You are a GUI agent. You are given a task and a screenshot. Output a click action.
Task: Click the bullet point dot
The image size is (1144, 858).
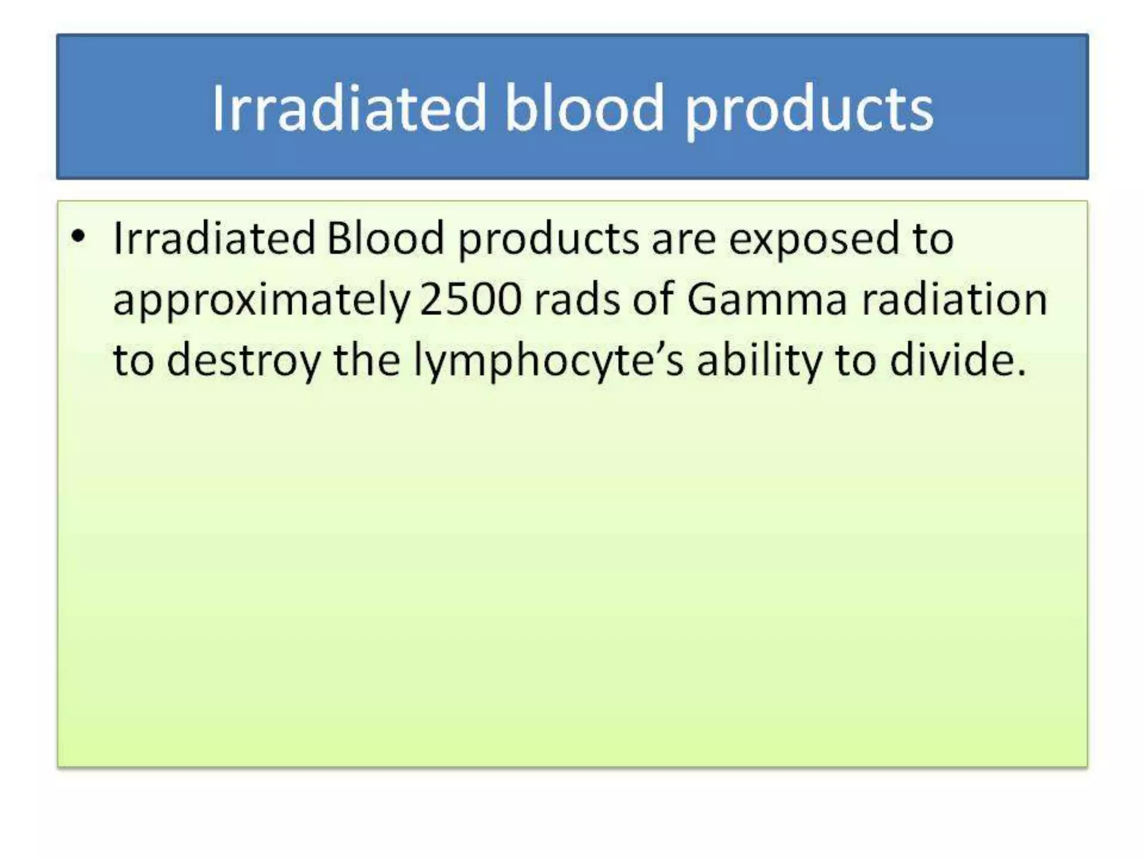(x=78, y=237)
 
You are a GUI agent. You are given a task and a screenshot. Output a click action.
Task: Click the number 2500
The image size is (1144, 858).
(x=470, y=300)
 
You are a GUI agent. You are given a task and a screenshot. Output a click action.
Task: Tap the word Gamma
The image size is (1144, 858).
(x=767, y=300)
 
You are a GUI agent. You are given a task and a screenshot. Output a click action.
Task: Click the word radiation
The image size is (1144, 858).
(x=954, y=300)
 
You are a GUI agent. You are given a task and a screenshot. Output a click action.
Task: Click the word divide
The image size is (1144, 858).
(x=957, y=360)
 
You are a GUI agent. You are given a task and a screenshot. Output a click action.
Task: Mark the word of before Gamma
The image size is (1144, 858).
(x=654, y=300)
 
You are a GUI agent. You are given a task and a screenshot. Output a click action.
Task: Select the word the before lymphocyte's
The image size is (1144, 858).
(x=366, y=360)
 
